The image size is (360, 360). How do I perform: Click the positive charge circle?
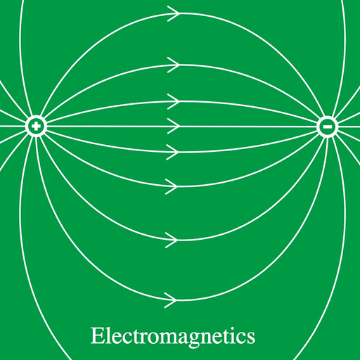pos(36,126)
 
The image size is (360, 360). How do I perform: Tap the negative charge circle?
pos(327,127)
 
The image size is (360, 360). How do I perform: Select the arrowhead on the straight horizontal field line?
pos(174,127)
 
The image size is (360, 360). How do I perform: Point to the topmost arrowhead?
pos(174,14)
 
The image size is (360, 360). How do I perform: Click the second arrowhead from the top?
pos(174,65)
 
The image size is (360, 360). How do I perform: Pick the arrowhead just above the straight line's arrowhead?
pos(174,101)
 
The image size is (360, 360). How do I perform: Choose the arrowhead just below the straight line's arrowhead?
pos(173,153)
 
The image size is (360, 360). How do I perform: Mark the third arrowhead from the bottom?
pos(172,186)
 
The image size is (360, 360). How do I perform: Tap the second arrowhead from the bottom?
pos(172,240)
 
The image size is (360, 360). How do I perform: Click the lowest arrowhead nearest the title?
pos(171,300)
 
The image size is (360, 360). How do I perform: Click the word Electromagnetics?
pos(173,337)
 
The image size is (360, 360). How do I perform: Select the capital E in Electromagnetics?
pos(97,335)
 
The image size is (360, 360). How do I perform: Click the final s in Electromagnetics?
pos(251,338)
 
